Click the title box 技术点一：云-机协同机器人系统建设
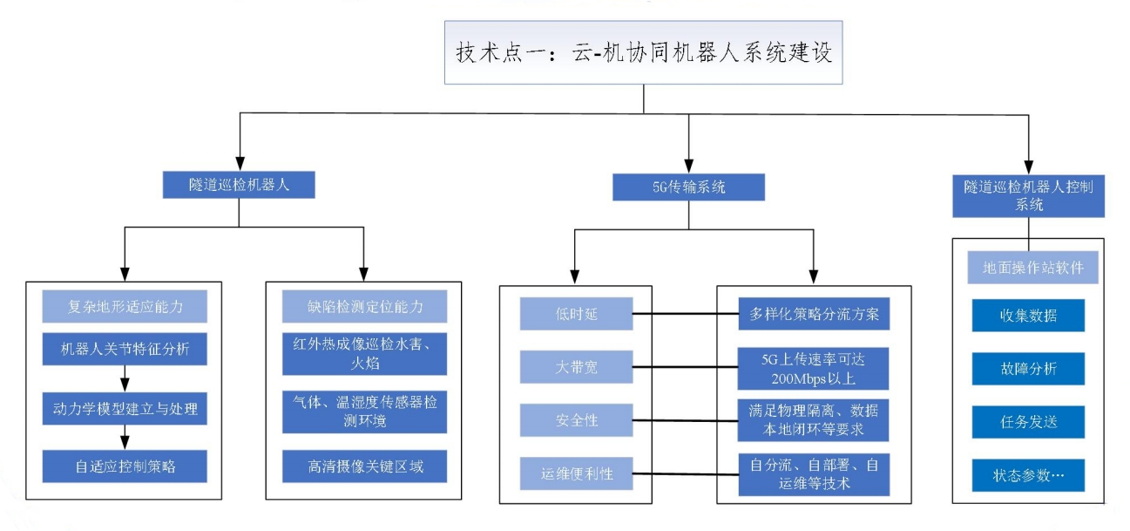(x=643, y=52)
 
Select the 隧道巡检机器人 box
(x=238, y=184)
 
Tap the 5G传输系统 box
(x=688, y=186)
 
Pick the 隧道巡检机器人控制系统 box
(x=1028, y=196)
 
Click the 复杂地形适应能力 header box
(x=125, y=306)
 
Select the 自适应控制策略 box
(x=125, y=465)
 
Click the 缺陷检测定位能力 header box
(x=364, y=306)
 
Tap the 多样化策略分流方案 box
(x=813, y=314)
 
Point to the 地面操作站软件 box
(x=1028, y=268)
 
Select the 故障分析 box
(x=1028, y=369)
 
